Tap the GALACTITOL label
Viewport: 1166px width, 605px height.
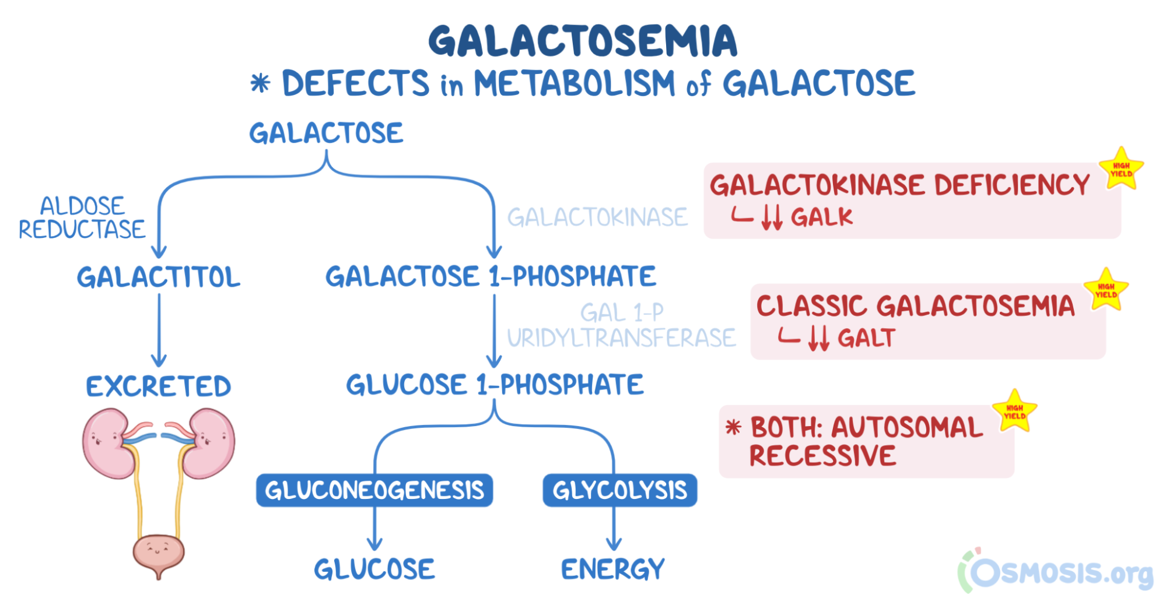pos(159,277)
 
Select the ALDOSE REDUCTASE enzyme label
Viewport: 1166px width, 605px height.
pos(82,218)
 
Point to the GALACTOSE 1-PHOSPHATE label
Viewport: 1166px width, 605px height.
pos(491,276)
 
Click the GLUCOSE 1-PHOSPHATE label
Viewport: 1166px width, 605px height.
pos(495,385)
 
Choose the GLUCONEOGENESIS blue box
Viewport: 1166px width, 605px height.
pos(374,490)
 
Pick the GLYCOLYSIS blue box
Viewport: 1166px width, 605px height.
pos(619,490)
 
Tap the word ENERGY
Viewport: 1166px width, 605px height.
pos(612,569)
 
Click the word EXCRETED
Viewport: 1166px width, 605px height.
pos(159,386)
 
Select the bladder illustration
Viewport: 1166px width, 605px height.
pos(158,553)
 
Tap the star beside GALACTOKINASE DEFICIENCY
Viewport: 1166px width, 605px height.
pos(1121,170)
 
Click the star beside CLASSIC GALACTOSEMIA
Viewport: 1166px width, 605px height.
pos(1105,290)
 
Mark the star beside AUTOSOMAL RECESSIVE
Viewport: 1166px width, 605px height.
pos(1014,411)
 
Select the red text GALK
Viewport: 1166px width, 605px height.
pos(821,217)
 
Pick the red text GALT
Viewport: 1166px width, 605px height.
pos(866,339)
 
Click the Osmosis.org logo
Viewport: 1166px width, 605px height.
pos(1056,571)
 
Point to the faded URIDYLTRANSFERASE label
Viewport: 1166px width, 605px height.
pos(621,338)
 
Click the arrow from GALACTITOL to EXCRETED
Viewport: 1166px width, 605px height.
pos(159,329)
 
